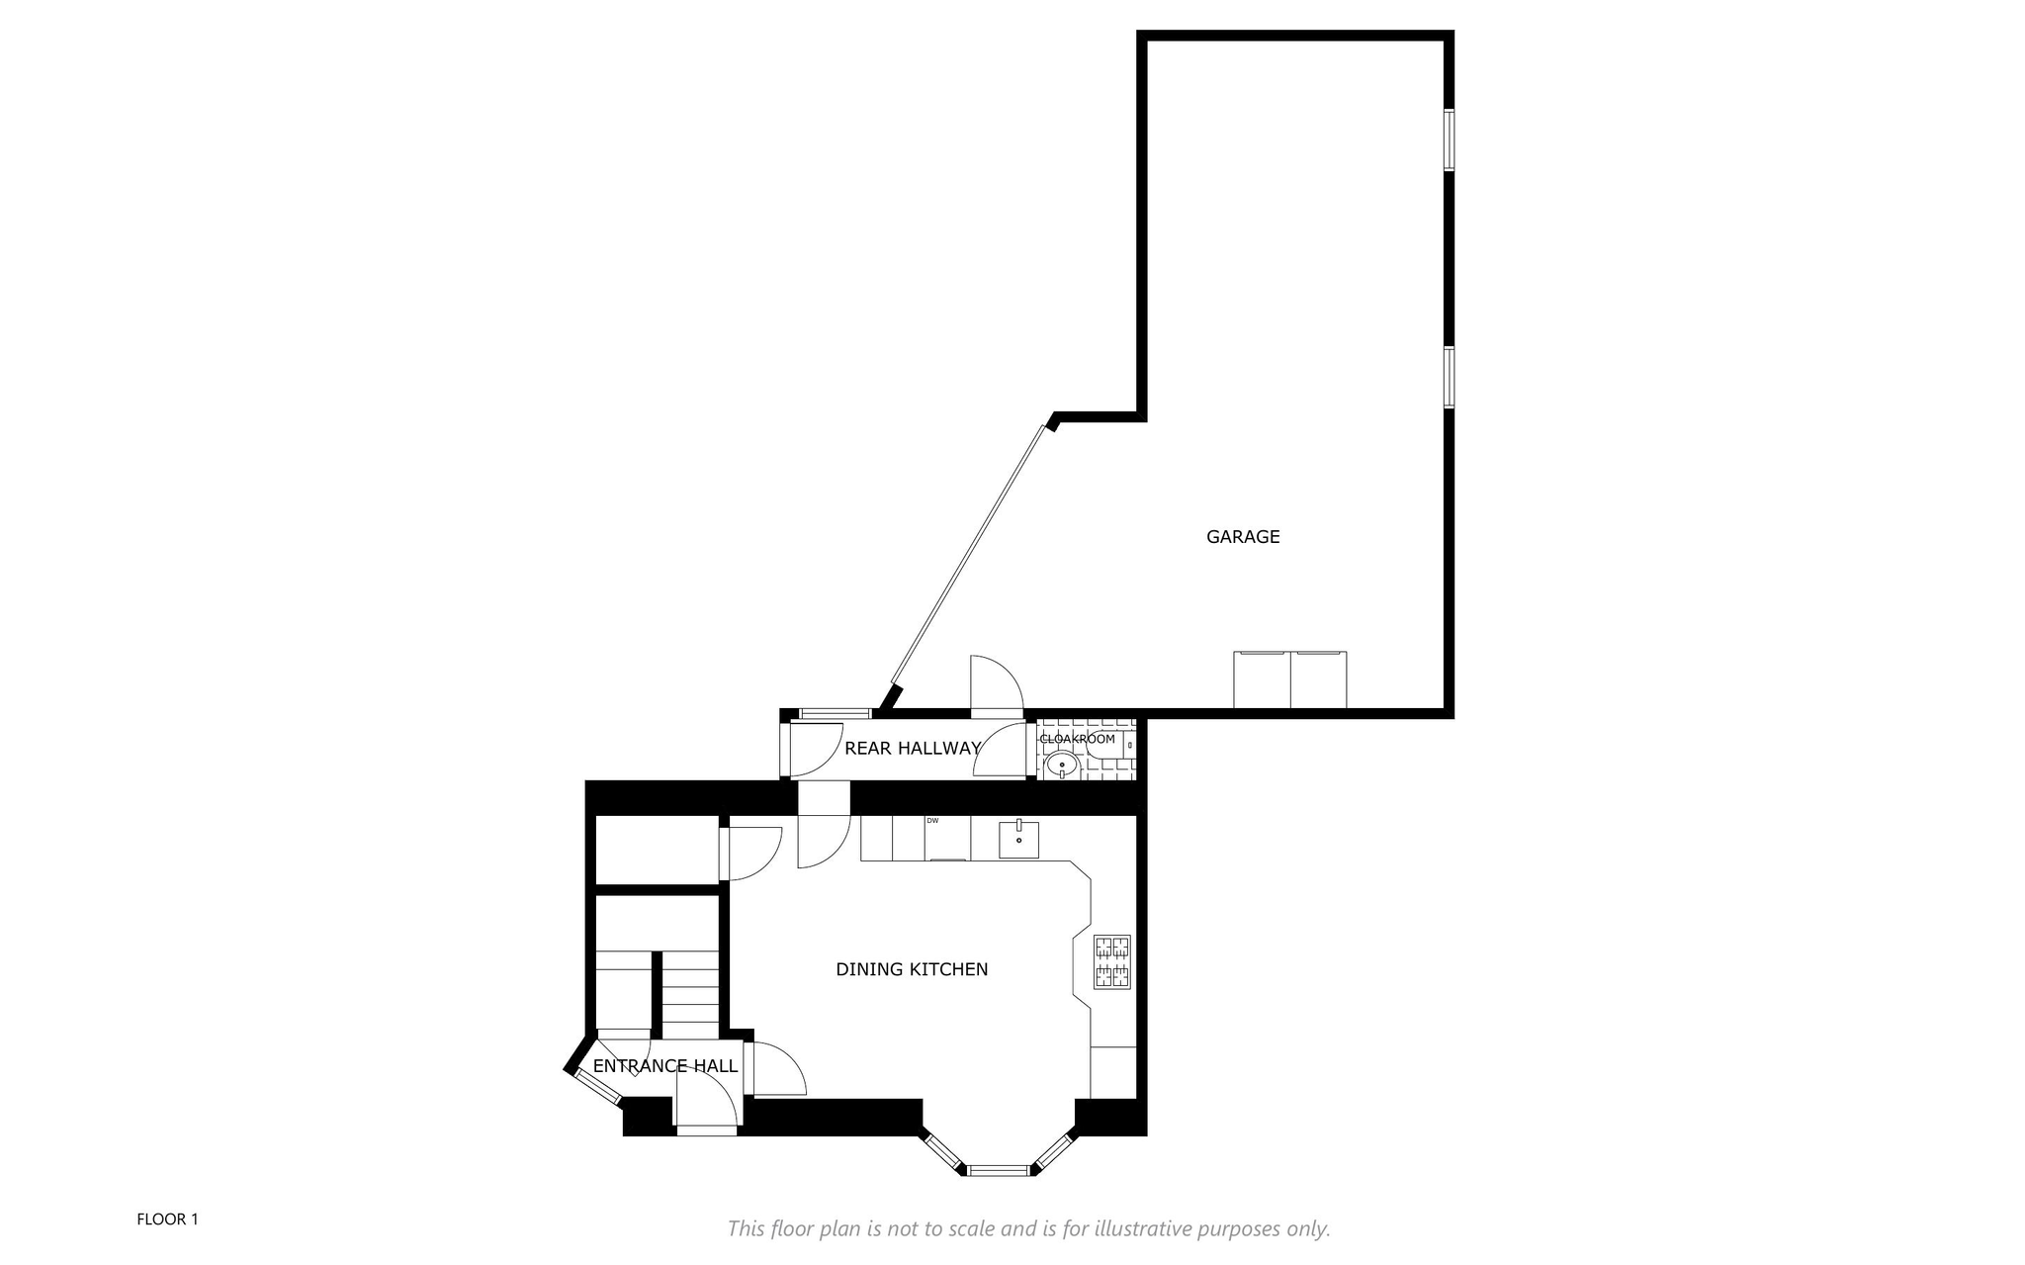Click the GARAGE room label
1243,537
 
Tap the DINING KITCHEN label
912,969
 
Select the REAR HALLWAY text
912,749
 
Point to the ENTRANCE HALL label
665,1066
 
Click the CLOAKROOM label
1078,739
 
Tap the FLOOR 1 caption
167,1220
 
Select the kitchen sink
1018,839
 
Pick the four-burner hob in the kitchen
1111,962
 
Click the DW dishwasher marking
932,821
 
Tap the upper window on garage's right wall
1450,139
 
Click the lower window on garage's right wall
1450,377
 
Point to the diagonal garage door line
969,555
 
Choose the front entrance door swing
708,1099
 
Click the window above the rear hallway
835,713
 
